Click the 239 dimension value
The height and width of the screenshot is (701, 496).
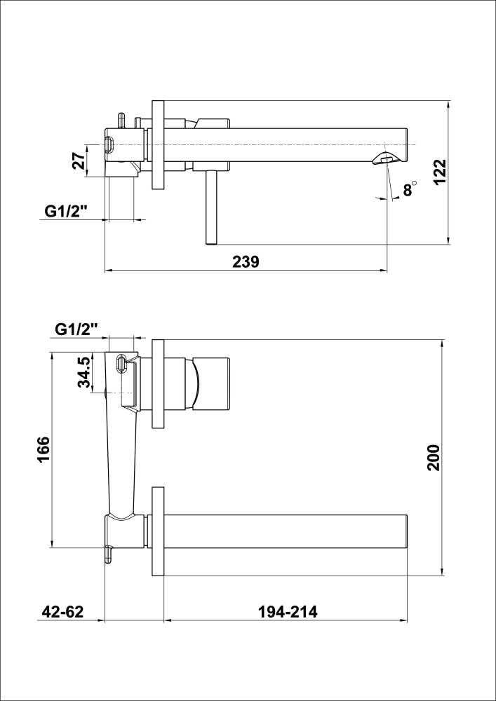(x=246, y=261)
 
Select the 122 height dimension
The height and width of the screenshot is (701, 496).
(x=440, y=172)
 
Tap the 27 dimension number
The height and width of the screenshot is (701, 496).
(x=79, y=161)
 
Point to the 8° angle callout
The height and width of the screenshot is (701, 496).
(x=409, y=189)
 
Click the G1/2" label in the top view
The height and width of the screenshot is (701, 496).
(x=66, y=211)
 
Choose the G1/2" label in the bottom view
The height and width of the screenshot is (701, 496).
(x=76, y=328)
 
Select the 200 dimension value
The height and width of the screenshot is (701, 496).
(x=433, y=458)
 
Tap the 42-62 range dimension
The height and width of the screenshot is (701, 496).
(x=62, y=612)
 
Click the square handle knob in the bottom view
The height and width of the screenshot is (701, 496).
(x=210, y=383)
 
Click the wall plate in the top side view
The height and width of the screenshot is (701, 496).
(x=158, y=144)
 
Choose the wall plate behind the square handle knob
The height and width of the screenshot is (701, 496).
(x=158, y=383)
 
